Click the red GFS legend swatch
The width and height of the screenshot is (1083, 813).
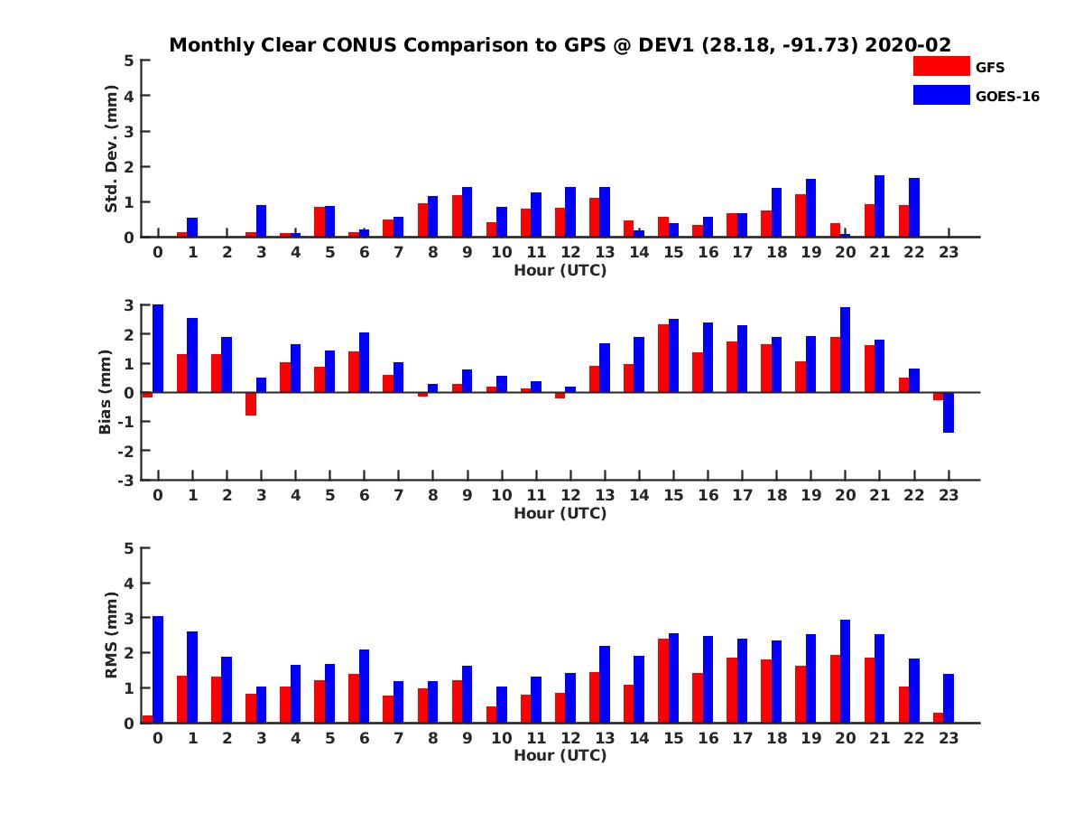[x=941, y=66]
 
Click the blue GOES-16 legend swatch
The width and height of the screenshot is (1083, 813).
[x=941, y=95]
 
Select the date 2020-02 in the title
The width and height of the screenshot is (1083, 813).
[x=908, y=44]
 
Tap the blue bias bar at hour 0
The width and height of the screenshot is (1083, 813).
[x=158, y=349]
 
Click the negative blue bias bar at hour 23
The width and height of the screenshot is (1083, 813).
[x=949, y=412]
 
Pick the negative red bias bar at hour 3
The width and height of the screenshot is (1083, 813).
[x=251, y=404]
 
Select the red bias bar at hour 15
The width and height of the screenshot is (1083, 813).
[x=663, y=358]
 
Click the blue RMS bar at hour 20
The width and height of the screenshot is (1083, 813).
[x=845, y=671]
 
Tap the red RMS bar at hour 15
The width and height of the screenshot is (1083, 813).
[x=663, y=680]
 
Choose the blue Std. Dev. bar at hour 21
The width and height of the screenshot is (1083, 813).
[x=879, y=206]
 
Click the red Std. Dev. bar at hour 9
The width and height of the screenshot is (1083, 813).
[x=457, y=216]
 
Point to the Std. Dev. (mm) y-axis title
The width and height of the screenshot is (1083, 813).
[x=112, y=149]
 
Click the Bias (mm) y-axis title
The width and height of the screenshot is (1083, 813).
[x=106, y=392]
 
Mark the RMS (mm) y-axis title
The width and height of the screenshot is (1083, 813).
[x=112, y=635]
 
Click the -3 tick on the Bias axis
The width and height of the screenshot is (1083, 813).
[x=127, y=480]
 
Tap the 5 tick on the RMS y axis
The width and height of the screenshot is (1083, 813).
[x=129, y=548]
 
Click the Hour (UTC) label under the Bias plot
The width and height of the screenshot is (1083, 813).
[x=560, y=513]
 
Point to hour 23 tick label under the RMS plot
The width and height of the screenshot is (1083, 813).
[x=948, y=738]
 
